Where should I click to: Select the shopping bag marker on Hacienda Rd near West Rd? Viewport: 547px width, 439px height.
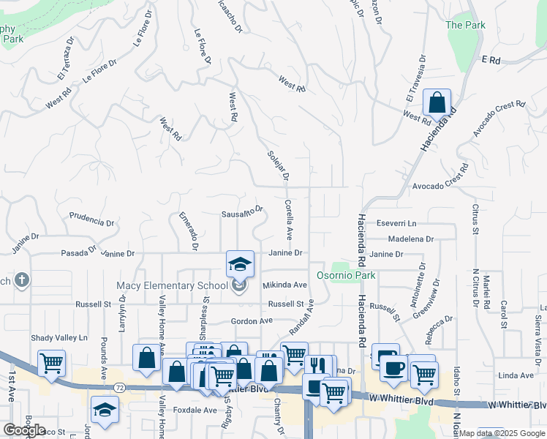coord(437,104)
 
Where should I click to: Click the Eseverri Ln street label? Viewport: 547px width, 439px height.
coord(396,223)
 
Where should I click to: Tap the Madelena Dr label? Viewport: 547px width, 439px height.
coord(411,239)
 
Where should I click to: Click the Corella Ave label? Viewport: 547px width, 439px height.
coord(288,220)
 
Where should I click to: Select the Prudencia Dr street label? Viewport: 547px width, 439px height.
coord(91,218)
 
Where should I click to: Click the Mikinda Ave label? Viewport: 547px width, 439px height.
coord(284,285)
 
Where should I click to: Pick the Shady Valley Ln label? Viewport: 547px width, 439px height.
coord(59,337)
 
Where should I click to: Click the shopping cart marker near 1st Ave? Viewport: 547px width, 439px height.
coord(51,363)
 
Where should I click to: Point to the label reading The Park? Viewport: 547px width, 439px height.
coord(465,25)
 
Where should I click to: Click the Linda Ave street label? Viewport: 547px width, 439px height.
coord(516,375)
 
